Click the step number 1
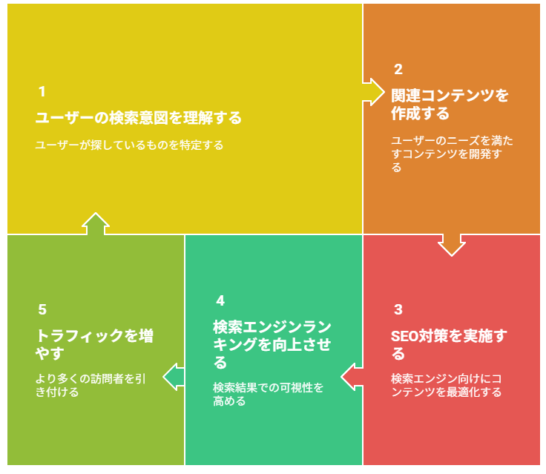42,91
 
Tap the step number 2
398,69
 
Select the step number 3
398,309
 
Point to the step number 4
220,300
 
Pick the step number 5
42,309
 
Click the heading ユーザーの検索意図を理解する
138,118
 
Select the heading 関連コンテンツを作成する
450,105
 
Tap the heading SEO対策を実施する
449,344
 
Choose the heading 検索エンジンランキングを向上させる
272,344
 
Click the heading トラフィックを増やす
94,344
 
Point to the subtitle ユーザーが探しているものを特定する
129,145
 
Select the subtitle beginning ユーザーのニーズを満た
452,154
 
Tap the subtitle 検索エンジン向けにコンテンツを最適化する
446,385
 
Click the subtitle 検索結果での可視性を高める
268,394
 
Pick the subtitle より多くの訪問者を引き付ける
91,385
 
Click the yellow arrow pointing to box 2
373,92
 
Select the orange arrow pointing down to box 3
451,245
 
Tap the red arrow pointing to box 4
352,377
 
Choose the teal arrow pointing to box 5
174,377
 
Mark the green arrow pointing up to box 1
96,223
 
